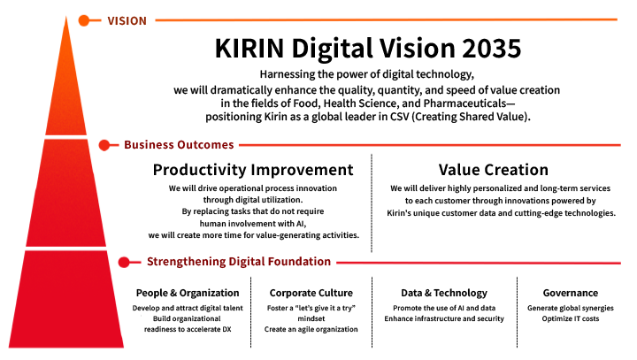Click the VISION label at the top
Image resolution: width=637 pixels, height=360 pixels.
(127, 19)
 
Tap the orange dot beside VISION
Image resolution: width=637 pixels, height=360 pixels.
(84, 19)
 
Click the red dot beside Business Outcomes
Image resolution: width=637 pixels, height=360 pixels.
(105, 144)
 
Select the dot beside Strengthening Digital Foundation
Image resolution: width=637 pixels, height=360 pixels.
(125, 262)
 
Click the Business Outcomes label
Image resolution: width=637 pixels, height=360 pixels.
(179, 144)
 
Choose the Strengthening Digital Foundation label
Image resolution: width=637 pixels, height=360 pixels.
(238, 262)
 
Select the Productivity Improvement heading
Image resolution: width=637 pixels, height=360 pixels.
(253, 170)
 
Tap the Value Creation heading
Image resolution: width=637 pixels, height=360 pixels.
(494, 170)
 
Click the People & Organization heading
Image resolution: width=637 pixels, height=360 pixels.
(188, 293)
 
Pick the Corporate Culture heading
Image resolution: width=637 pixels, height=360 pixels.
(311, 293)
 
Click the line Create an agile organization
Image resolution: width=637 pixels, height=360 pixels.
(311, 329)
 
